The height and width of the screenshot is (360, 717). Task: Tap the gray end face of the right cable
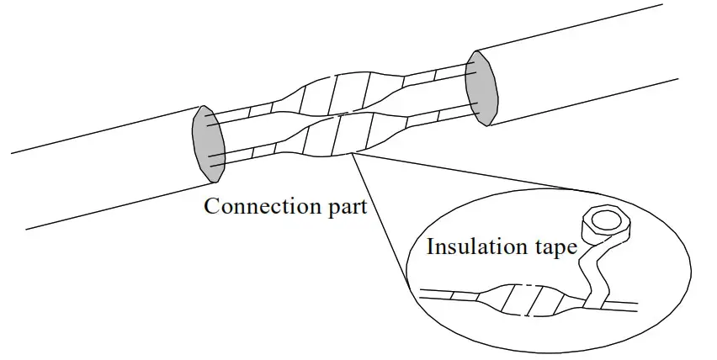[x=482, y=88]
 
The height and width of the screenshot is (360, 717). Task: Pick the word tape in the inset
[x=550, y=248]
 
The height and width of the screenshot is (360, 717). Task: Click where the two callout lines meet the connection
[x=353, y=154]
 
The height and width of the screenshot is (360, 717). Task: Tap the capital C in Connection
[x=211, y=206]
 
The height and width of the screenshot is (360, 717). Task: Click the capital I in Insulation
[x=430, y=247]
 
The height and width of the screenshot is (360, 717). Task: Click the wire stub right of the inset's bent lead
[x=627, y=301]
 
